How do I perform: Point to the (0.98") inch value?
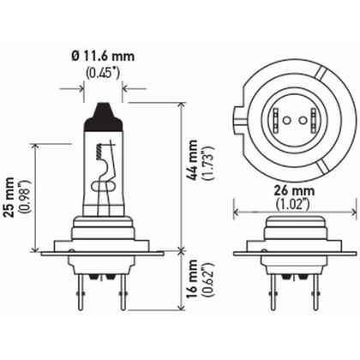coord(25,197)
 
